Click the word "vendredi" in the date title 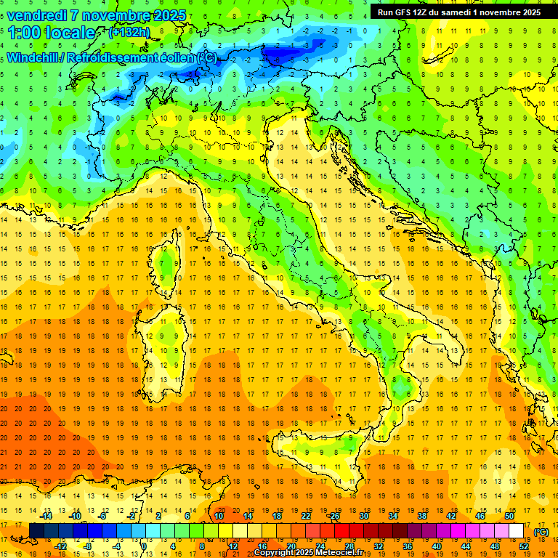pyautogui.click(x=36, y=15)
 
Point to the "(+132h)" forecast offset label pyautogui.click(x=129, y=32)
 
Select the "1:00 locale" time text pyautogui.click(x=51, y=33)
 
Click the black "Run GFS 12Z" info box pyautogui.click(x=458, y=12)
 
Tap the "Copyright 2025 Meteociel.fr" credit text pyautogui.click(x=312, y=553)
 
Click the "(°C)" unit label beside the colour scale pyautogui.click(x=541, y=531)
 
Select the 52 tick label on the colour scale pyautogui.click(x=523, y=546)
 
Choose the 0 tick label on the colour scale pyautogui.click(x=144, y=546)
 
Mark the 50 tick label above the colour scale pyautogui.click(x=509, y=516)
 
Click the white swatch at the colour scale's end pyautogui.click(x=517, y=531)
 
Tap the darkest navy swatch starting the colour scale pyautogui.click(x=36, y=531)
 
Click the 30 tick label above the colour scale pyautogui.click(x=363, y=516)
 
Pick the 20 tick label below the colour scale pyautogui.click(x=291, y=546)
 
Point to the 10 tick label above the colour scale pyautogui.click(x=218, y=516)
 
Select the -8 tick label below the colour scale pyautogui.click(x=87, y=546)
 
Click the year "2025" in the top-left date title pyautogui.click(x=166, y=15)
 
